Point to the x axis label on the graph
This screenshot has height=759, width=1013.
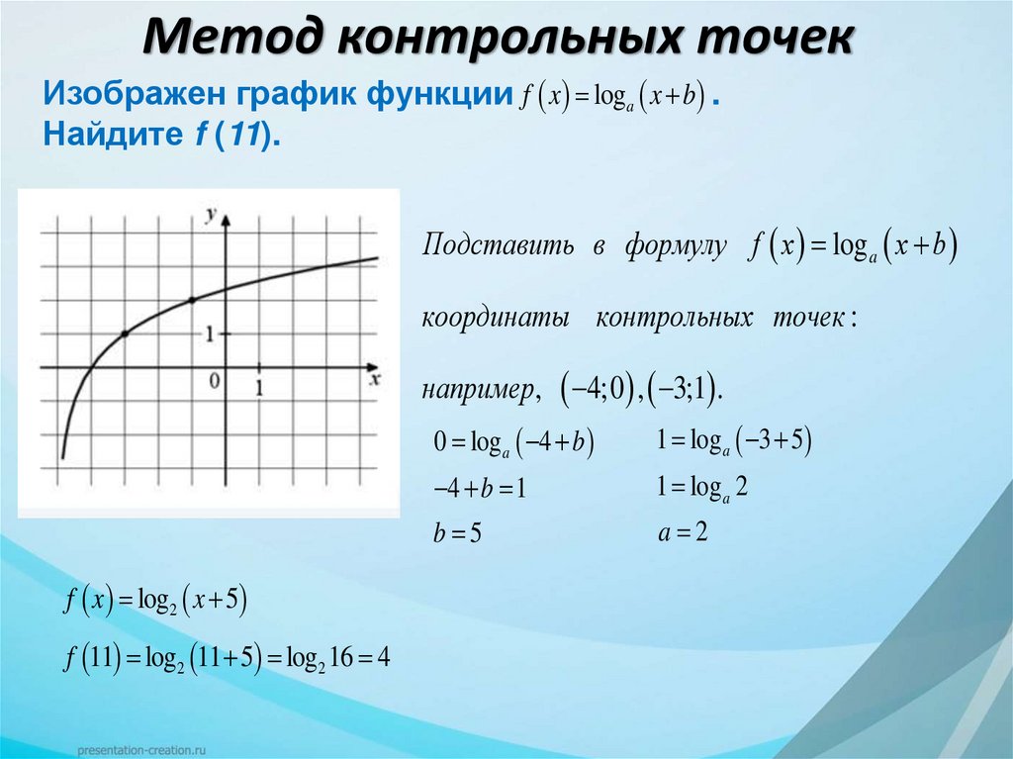coord(375,379)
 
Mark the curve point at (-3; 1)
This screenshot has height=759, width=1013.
coord(125,334)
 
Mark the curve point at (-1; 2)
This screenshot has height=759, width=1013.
coord(192,299)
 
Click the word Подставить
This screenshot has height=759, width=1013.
coord(498,246)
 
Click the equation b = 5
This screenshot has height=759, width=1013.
coord(457,535)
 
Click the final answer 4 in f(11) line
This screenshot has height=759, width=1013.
coord(384,657)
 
